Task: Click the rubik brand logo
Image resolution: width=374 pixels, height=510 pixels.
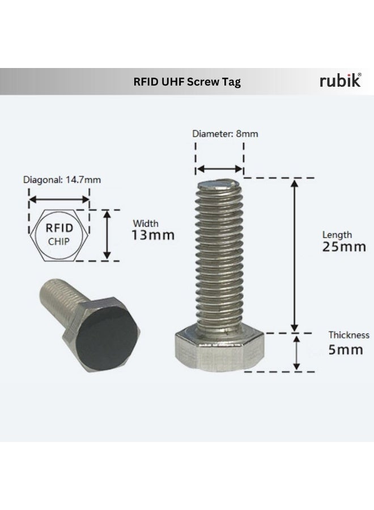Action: click(x=340, y=81)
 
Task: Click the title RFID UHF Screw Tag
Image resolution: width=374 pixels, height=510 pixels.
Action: click(x=187, y=82)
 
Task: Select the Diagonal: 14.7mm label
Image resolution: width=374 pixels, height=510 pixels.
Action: click(x=62, y=180)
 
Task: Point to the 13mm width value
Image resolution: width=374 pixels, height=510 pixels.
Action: click(x=153, y=235)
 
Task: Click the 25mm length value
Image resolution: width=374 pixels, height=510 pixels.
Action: click(x=344, y=247)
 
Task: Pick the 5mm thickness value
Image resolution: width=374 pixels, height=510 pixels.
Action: click(x=346, y=350)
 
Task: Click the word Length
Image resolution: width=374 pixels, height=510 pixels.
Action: click(x=337, y=235)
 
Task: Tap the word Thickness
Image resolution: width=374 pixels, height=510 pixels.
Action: click(x=348, y=335)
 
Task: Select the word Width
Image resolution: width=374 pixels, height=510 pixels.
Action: click(x=146, y=223)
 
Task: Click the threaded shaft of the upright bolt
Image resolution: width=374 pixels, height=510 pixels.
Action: click(x=220, y=255)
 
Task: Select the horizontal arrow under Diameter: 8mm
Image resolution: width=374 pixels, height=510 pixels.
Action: click(x=220, y=169)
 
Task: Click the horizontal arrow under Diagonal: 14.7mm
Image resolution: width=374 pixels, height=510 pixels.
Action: click(x=59, y=199)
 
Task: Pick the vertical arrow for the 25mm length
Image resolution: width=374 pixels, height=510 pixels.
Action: click(x=294, y=255)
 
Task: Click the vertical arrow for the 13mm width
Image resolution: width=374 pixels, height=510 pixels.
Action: click(x=107, y=235)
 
